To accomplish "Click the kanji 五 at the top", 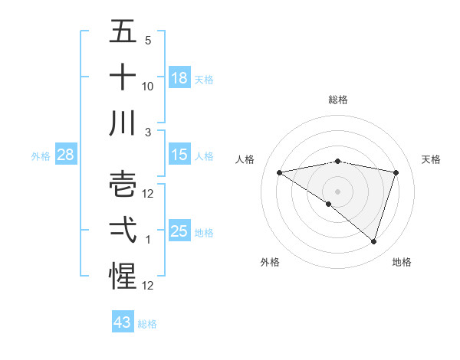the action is click(123, 31).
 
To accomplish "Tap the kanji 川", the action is click(123, 123).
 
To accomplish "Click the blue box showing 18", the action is click(179, 78).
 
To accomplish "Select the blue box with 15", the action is click(179, 155).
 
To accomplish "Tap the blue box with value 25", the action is click(179, 231).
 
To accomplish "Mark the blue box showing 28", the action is click(65, 155).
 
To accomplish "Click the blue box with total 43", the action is click(123, 322).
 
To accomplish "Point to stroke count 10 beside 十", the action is click(148, 86).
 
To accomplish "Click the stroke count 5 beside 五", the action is click(147, 40).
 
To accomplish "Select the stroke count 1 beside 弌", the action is click(147, 239).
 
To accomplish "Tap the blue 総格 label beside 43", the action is click(147, 324).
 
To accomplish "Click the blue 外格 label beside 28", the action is click(41, 156).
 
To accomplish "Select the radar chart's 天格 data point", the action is click(396, 173).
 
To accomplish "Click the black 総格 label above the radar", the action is click(337, 100).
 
